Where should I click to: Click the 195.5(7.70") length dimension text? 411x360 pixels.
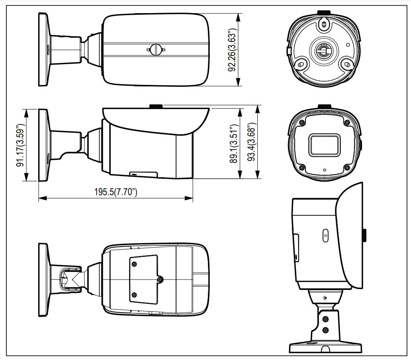point(115,192)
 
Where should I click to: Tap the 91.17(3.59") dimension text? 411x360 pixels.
point(20,145)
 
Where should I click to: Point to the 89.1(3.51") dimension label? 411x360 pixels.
point(234,144)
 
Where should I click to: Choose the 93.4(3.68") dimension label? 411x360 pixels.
point(251,142)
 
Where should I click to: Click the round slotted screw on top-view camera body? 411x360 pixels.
point(156,49)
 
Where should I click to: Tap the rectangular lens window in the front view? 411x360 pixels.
point(324,145)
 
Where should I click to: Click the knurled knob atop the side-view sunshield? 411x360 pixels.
point(156,106)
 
